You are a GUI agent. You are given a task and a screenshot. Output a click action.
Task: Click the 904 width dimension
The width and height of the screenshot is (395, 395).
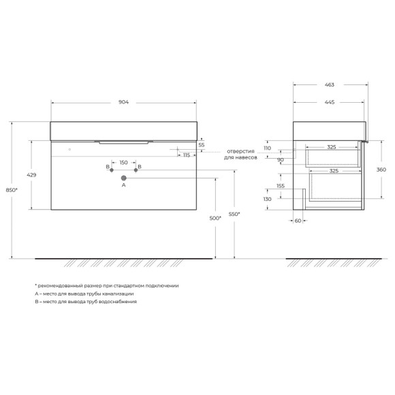[x=123, y=102]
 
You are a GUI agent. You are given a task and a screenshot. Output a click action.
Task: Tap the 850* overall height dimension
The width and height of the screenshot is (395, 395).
[x=12, y=190]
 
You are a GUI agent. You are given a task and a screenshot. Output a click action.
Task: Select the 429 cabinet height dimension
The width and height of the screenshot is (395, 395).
[x=31, y=175]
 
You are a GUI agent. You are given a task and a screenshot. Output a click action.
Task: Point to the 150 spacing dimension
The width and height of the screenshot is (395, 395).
[x=123, y=163]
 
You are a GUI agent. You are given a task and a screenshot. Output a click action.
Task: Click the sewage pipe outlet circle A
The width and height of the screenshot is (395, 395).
[x=124, y=178]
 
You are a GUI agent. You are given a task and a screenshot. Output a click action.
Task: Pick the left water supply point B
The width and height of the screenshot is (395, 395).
[x=112, y=170]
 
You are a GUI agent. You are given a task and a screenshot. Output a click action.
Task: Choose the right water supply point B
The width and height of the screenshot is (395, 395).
[x=136, y=170]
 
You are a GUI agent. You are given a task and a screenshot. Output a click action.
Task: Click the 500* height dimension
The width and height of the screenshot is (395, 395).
[x=215, y=218]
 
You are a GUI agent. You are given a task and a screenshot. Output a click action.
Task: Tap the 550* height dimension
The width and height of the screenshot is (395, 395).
[x=234, y=214]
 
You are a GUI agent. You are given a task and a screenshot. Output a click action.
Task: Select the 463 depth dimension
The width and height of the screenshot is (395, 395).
[x=330, y=84]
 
